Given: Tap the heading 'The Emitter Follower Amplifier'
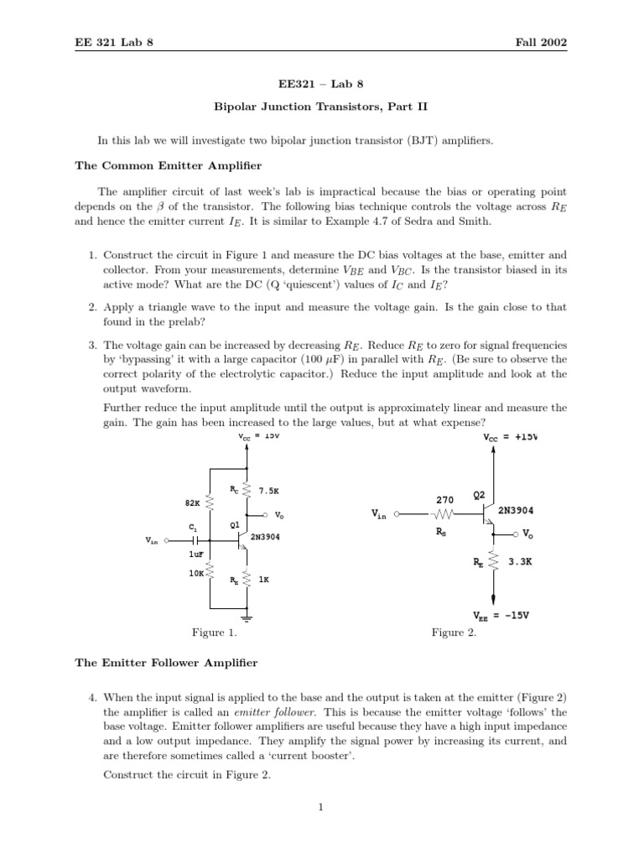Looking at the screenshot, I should pyautogui.click(x=166, y=663).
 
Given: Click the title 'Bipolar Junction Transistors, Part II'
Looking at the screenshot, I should pyautogui.click(x=322, y=107).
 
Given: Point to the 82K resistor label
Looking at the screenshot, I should pyautogui.click(x=192, y=503).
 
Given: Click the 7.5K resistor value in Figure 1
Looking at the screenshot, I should pyautogui.click(x=269, y=490).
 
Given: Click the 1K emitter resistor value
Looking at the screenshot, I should pyautogui.click(x=264, y=580).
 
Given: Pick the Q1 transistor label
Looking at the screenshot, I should pyautogui.click(x=235, y=526).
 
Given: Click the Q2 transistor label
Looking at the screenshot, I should pyautogui.click(x=479, y=496).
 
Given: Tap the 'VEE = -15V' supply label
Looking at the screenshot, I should pyautogui.click(x=501, y=615).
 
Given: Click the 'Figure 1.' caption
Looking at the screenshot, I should pyautogui.click(x=215, y=633).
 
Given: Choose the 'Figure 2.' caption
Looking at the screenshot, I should pyautogui.click(x=454, y=633).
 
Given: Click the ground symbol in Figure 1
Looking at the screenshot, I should pyautogui.click(x=247, y=619).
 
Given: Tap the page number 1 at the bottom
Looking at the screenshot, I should pyautogui.click(x=321, y=807).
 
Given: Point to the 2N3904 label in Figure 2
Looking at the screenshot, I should pyautogui.click(x=517, y=510).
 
